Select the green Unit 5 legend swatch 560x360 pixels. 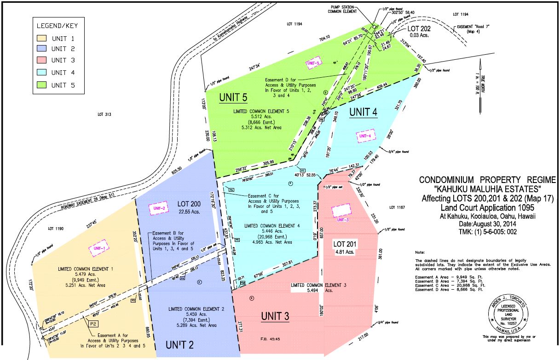tap(42, 85)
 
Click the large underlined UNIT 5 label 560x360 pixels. tap(233, 97)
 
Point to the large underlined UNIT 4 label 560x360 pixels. tap(363, 112)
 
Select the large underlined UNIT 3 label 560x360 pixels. tap(275, 316)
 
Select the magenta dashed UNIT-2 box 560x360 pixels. tap(157, 209)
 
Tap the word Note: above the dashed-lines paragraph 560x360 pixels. tap(420, 253)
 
